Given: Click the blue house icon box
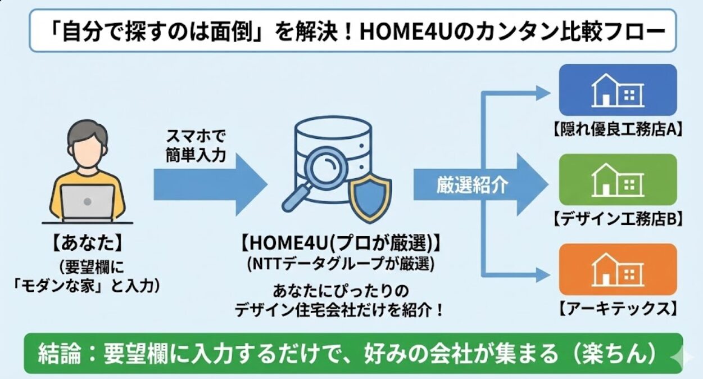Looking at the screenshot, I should click(x=618, y=90).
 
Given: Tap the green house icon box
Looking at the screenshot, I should click(x=618, y=179).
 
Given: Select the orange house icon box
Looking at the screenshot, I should click(x=618, y=269).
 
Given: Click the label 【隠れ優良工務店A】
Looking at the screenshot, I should click(x=618, y=130).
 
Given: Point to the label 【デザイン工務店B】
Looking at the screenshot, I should click(x=618, y=219).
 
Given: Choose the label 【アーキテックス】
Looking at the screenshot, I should click(x=617, y=308).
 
